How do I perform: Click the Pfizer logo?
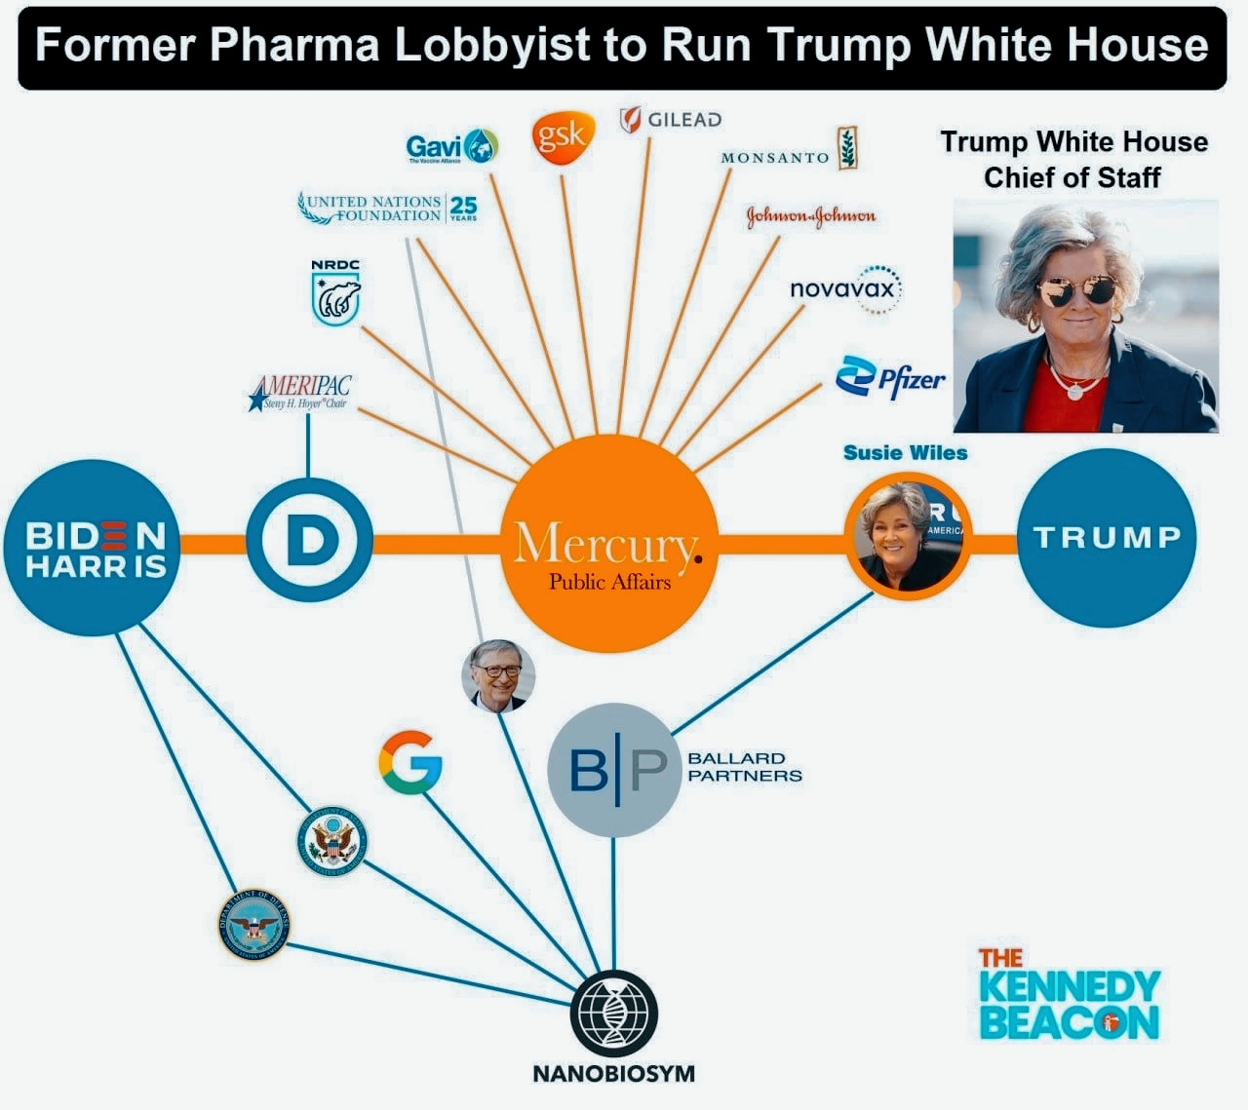point(890,378)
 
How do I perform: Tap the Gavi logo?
point(451,147)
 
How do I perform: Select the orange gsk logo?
point(563,137)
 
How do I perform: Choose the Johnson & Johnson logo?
point(810,215)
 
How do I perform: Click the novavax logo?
point(845,288)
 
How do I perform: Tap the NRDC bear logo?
point(335,292)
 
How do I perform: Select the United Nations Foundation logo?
point(387,208)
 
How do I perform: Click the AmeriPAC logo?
point(300,393)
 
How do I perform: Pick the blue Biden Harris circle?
point(96,549)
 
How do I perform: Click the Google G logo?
point(410,761)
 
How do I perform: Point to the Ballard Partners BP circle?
point(614,770)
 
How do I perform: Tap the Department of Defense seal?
point(253,922)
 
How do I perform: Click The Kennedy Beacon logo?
point(1068,994)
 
